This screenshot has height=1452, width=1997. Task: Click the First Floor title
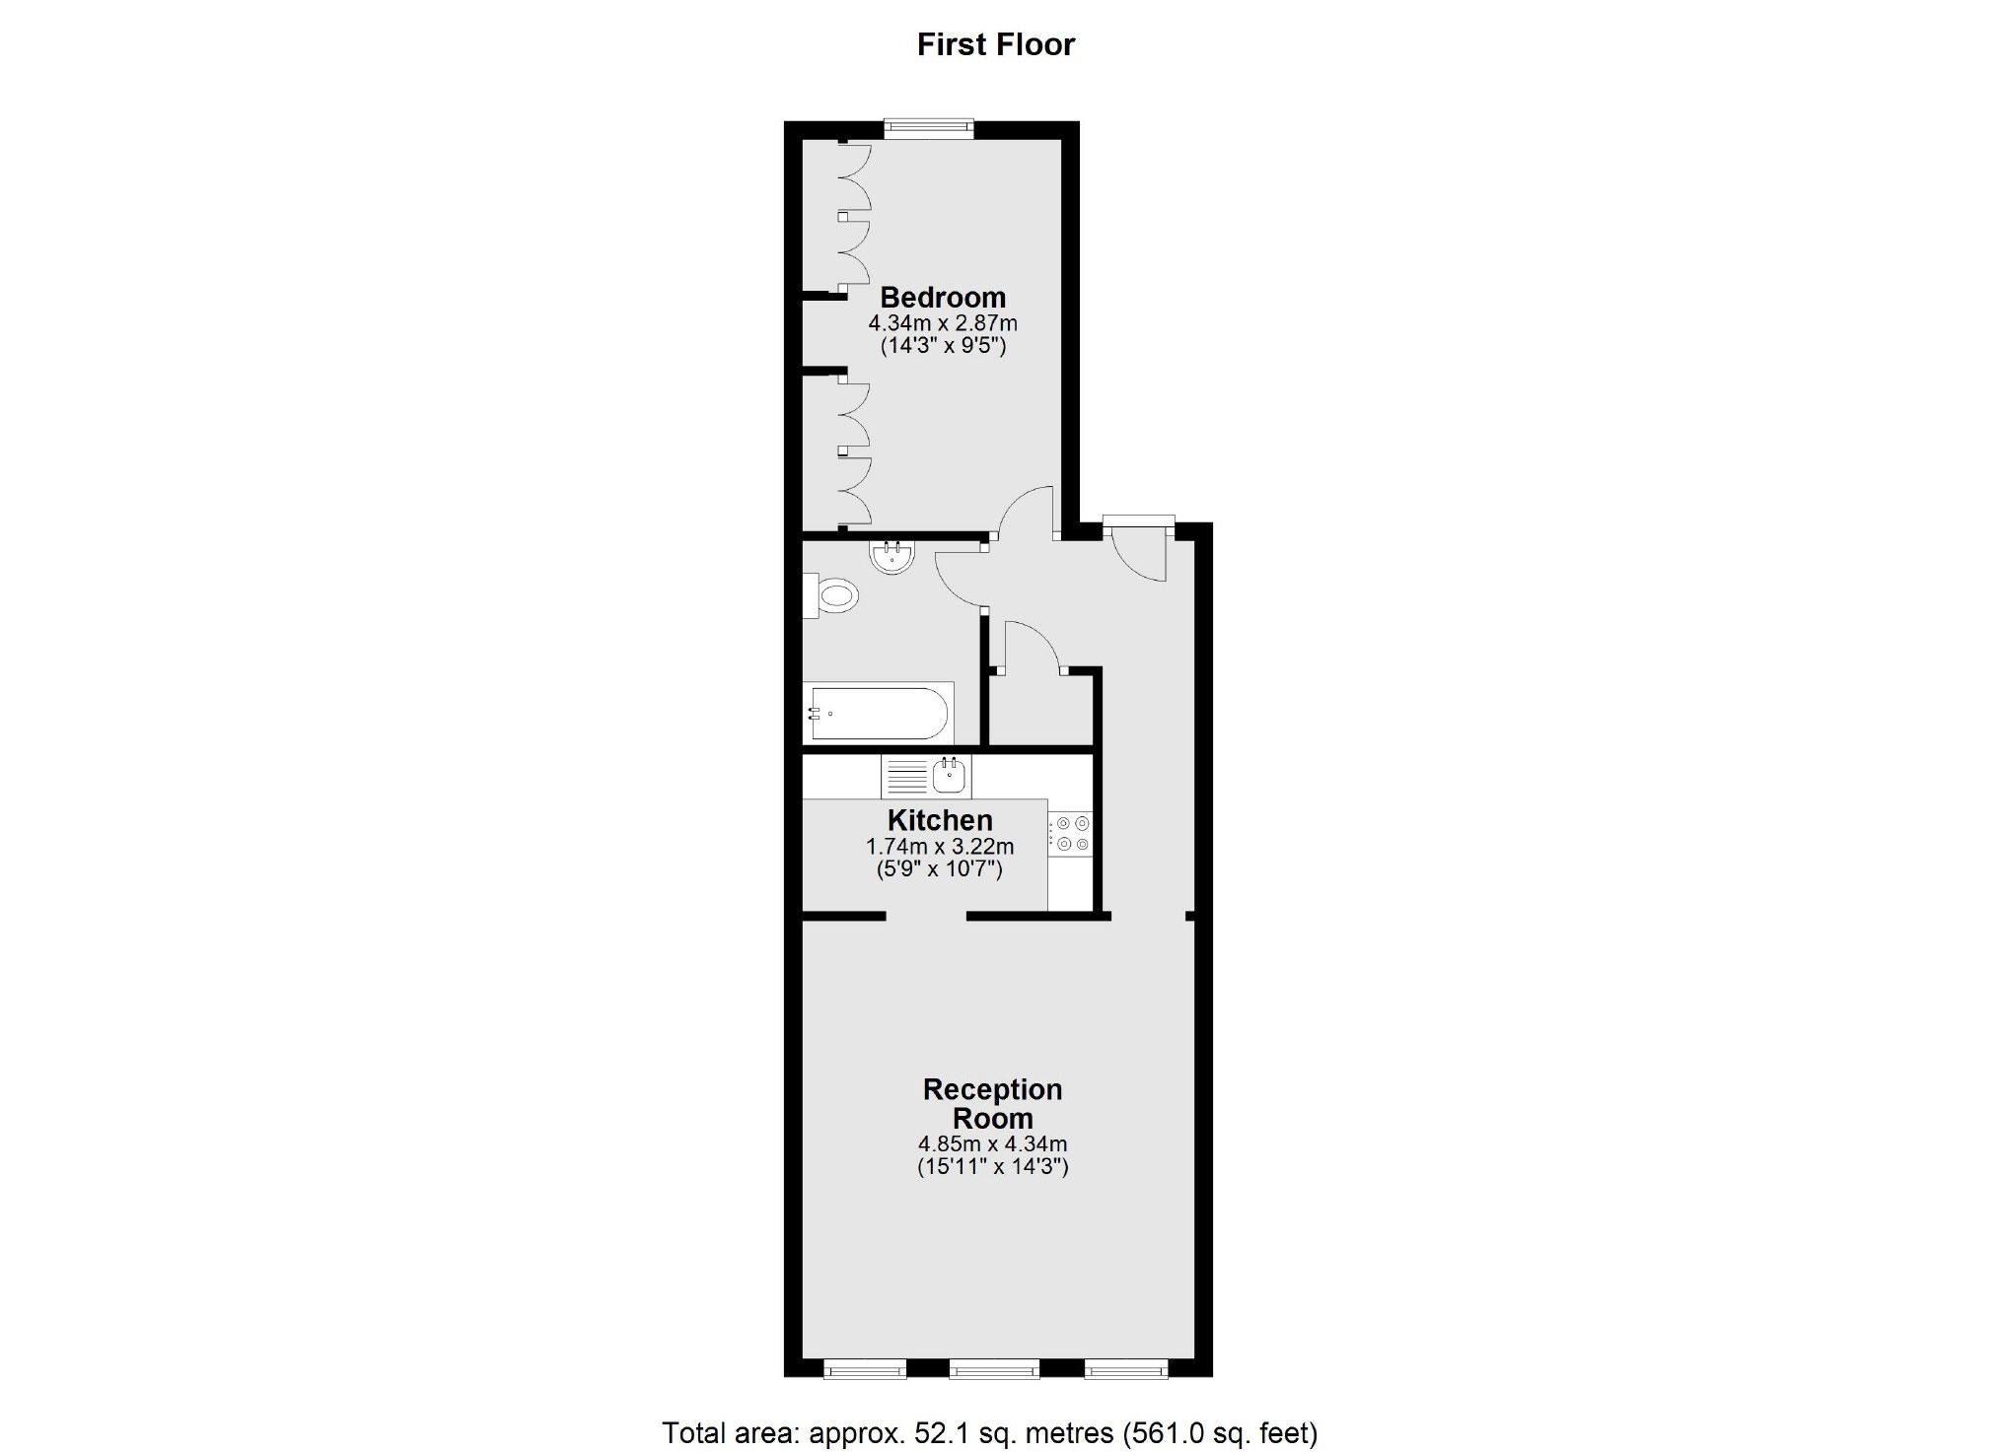point(995,44)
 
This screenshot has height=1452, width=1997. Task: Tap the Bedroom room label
point(942,297)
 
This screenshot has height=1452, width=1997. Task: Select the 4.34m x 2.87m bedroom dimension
point(942,323)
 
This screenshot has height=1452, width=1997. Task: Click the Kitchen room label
point(939,820)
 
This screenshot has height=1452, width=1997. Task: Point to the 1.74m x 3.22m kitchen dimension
point(939,847)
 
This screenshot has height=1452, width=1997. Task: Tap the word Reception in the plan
point(992,1089)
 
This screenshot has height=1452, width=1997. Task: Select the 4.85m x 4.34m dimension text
point(992,1144)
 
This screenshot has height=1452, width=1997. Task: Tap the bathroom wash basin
point(892,557)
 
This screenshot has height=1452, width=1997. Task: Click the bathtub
point(878,713)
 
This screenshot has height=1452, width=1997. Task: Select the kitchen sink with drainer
point(926,777)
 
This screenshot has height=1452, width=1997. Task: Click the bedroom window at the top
point(928,128)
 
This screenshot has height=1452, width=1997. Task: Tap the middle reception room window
point(994,1368)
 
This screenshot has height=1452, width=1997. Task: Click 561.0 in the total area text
point(1169,1432)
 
